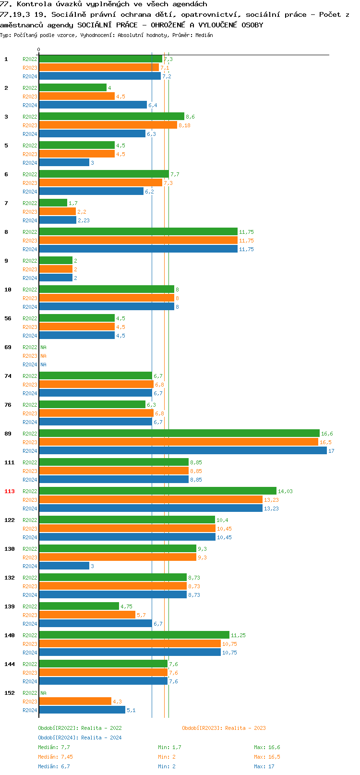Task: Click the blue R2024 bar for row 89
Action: pyautogui.click(x=182, y=451)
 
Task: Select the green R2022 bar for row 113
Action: pyautogui.click(x=157, y=491)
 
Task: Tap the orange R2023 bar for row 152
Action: pyautogui.click(x=75, y=702)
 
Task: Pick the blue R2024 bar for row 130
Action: pyautogui.click(x=64, y=566)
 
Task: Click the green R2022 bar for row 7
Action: pyautogui.click(x=53, y=203)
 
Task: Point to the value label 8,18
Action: pyautogui.click(x=184, y=126)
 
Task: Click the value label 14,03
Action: pyautogui.click(x=285, y=492)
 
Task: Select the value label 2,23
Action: pyautogui.click(x=84, y=221)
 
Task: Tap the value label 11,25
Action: pyautogui.click(x=238, y=636)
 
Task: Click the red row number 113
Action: pyautogui.click(x=10, y=491)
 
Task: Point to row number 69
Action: pyautogui.click(x=8, y=347)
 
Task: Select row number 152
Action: pyautogui.click(x=10, y=693)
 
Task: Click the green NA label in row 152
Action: pyautogui.click(x=43, y=693)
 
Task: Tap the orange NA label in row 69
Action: pyautogui.click(x=43, y=356)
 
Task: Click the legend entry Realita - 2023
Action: pyautogui.click(x=224, y=728)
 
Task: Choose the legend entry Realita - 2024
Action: pyautogui.click(x=80, y=738)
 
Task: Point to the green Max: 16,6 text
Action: pyautogui.click(x=267, y=748)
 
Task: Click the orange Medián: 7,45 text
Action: pyautogui.click(x=55, y=757)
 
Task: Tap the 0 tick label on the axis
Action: pyautogui.click(x=39, y=50)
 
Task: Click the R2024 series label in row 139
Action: pyautogui.click(x=30, y=624)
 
